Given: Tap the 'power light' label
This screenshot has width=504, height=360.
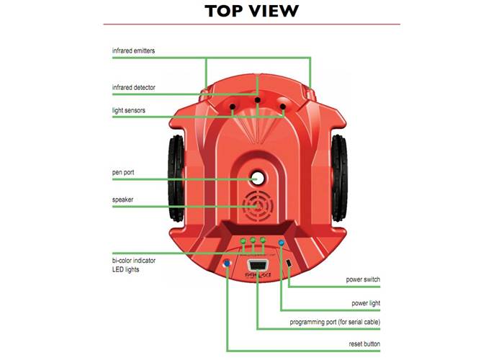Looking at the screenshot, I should pyautogui.click(x=365, y=303).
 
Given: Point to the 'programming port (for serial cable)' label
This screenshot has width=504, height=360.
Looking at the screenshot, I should pyautogui.click(x=335, y=322).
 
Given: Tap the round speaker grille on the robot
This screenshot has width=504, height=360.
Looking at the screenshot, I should pyautogui.click(x=256, y=205).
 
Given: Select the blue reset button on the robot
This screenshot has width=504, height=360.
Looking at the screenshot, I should pyautogui.click(x=228, y=264).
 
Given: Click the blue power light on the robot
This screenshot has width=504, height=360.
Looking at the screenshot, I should pyautogui.click(x=281, y=243).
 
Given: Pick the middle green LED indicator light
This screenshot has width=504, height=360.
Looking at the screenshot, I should pyautogui.click(x=253, y=240).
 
